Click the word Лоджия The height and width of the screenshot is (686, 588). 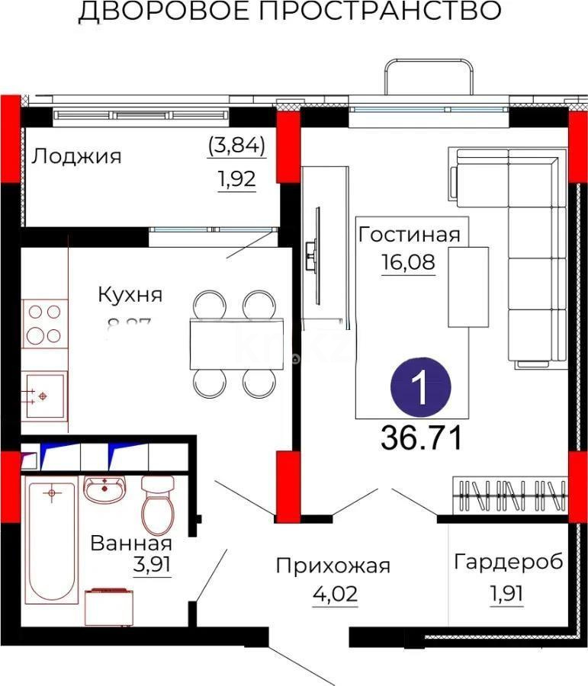tap(76, 156)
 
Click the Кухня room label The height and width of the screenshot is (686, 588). tap(130, 294)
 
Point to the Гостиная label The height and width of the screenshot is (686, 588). tap(410, 234)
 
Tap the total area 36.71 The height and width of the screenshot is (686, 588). tap(421, 438)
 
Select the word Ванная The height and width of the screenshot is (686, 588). tap(130, 543)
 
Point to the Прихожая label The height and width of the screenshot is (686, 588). tap(333, 566)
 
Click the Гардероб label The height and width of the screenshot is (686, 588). tap(509, 563)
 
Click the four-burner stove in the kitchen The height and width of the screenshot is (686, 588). tap(43, 323)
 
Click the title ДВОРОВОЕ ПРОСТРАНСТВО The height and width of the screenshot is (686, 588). tap(290, 12)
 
